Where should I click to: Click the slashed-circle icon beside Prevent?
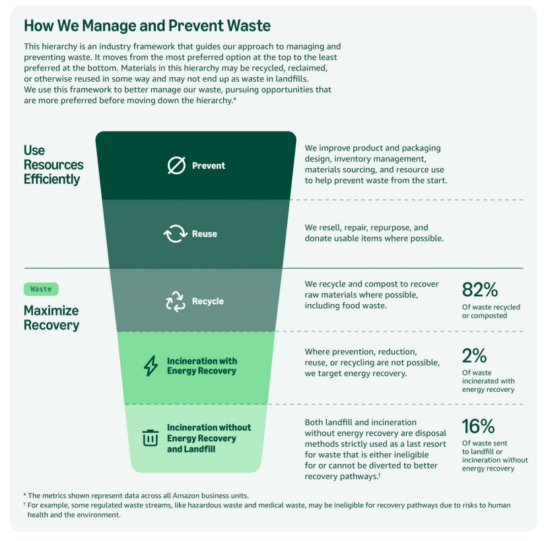point(176,166)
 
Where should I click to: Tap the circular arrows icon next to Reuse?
point(176,234)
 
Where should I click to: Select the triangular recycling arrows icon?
point(176,302)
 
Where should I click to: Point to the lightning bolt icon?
point(151,366)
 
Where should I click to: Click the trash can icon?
point(151,437)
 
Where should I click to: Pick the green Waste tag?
point(41,289)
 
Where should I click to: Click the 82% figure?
point(480,290)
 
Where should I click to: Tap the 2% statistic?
point(474,356)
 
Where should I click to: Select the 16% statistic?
point(478,426)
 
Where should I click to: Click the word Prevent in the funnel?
point(209,166)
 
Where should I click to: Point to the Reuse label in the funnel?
point(205,234)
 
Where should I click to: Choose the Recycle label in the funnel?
point(208,302)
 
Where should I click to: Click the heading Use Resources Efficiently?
point(53,165)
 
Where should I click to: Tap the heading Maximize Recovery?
point(51,318)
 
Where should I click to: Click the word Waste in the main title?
point(249,26)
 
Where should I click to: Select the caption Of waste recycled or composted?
point(491,311)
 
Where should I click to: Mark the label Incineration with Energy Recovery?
point(202,366)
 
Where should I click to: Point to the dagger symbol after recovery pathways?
point(380,474)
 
